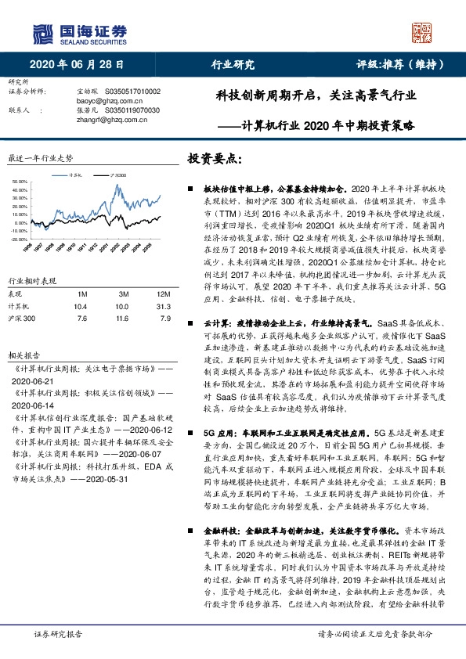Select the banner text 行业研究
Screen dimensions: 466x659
pos(233,65)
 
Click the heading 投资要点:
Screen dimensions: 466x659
pos(214,159)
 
